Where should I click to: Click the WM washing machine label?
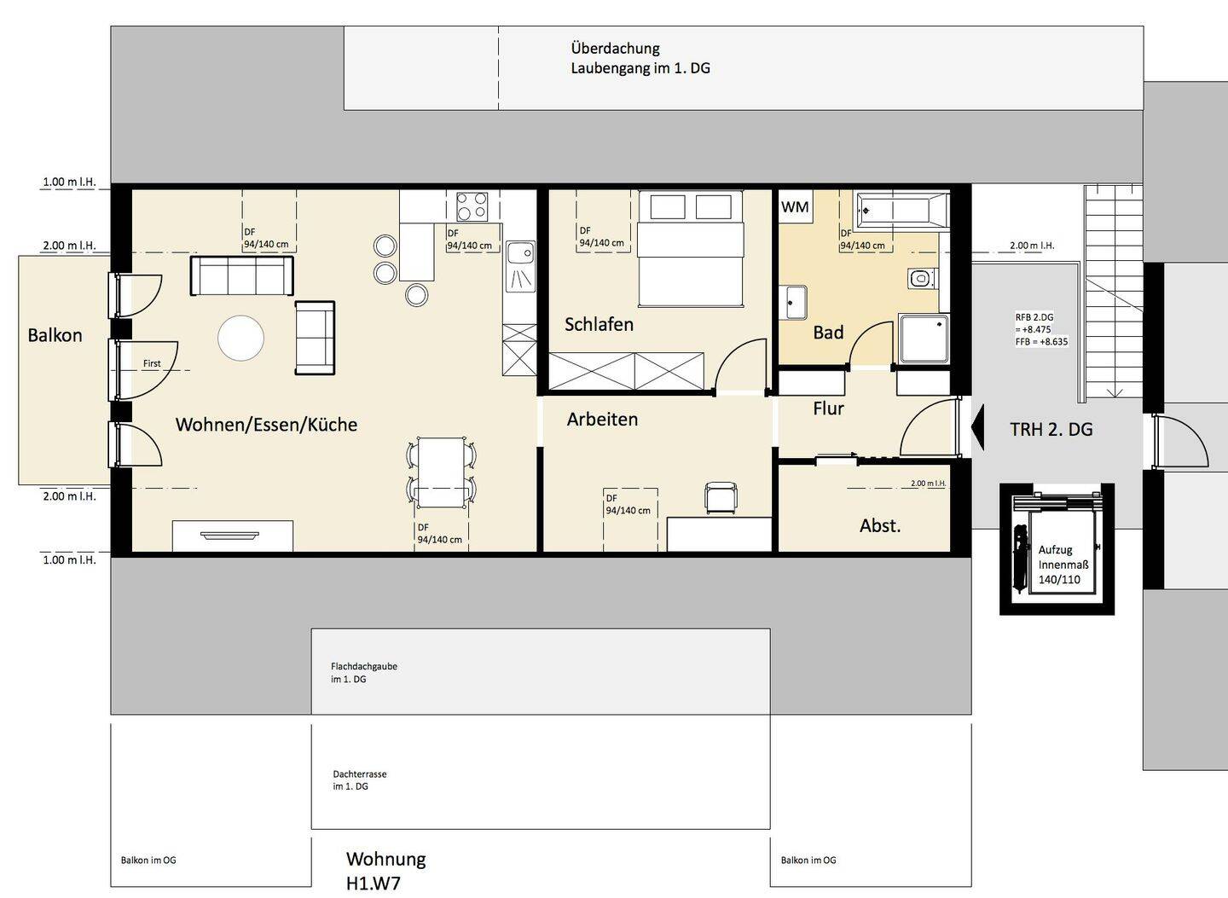795,206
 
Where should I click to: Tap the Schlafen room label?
599,325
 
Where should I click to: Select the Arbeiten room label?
602,420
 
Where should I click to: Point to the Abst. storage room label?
880,525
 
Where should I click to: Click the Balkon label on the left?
55,335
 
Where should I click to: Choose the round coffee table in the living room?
240,339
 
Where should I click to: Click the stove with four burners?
472,206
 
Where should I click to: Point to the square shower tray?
924,339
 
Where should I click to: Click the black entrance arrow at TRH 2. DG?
977,427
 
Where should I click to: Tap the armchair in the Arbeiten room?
720,497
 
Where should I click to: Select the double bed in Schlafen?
690,248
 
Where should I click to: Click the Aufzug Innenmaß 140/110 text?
1063,565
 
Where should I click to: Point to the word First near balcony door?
152,363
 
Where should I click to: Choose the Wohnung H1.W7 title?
386,870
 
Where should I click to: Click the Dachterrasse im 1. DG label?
360,780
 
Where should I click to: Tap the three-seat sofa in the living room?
242,275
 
